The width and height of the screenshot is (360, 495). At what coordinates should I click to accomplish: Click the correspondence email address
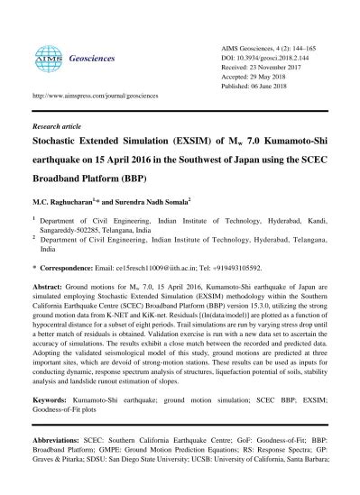[152, 268]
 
